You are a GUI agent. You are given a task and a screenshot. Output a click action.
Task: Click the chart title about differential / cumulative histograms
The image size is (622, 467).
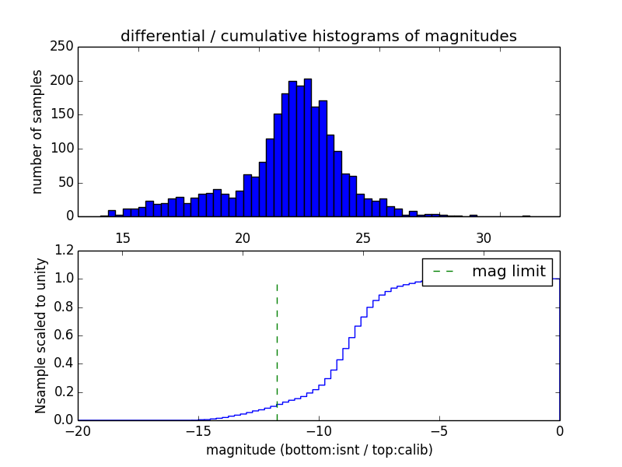coord(318,37)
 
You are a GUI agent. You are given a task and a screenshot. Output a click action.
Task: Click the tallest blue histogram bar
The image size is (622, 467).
coord(307,148)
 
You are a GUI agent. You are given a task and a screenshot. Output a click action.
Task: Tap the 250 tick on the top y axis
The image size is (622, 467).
coord(65,47)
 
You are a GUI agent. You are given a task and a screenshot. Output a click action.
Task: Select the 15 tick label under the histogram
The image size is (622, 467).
coord(122,237)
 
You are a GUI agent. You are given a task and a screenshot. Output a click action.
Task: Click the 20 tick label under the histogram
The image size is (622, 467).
coord(243,237)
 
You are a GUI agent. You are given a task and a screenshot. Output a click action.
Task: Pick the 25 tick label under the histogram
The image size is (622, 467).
coord(362,237)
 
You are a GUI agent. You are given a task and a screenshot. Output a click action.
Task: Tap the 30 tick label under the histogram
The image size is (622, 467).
coord(483,237)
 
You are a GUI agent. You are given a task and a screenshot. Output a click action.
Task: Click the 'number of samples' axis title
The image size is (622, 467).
coord(37,132)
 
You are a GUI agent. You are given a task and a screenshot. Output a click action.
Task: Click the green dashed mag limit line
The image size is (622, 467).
coord(277,350)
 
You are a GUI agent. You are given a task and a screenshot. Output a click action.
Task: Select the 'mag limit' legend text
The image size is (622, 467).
coord(508,271)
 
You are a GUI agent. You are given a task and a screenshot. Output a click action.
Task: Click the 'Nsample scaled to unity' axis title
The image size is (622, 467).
coord(40,335)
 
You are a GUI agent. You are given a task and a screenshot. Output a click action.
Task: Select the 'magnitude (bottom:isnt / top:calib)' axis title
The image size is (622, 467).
coord(319,450)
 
